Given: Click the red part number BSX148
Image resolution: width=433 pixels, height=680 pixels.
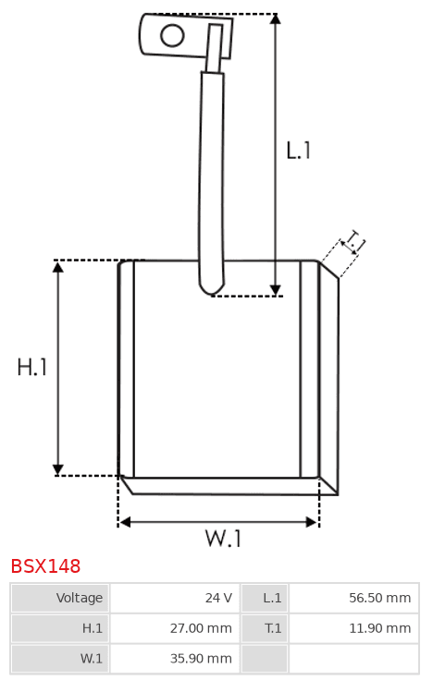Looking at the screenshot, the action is [45, 566].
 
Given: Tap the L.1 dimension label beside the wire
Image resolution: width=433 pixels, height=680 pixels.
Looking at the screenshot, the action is [299, 151].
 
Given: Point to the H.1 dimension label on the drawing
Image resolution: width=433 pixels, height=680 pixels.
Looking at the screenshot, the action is [32, 367].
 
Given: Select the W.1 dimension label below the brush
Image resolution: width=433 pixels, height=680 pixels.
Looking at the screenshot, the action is [223, 538].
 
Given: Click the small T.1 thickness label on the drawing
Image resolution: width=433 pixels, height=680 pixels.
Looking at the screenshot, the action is [353, 241].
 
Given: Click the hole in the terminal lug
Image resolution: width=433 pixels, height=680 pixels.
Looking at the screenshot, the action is [172, 35].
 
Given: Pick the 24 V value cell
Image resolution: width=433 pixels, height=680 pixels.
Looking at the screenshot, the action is [175, 598].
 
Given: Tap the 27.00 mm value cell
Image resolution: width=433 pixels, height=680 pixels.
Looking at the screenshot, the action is [175, 628].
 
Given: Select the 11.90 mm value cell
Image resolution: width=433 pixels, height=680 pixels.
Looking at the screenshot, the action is [353, 628].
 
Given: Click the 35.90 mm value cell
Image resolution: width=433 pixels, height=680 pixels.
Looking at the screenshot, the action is [175, 659].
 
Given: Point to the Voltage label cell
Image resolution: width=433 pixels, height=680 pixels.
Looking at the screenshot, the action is [60, 598].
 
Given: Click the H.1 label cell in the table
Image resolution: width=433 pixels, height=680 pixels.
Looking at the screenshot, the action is [60, 628].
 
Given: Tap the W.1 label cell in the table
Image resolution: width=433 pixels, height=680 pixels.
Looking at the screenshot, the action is [60, 659].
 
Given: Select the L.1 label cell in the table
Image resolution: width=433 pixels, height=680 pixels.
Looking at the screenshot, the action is [265, 598].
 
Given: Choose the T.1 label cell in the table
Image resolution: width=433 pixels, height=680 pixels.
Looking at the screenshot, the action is [265, 628].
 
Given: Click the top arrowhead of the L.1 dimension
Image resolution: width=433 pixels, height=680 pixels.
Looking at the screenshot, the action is [275, 18].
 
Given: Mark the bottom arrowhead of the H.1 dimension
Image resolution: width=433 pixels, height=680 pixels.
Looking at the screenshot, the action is [57, 470].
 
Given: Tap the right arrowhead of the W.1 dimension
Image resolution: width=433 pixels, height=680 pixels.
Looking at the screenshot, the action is [312, 522].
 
